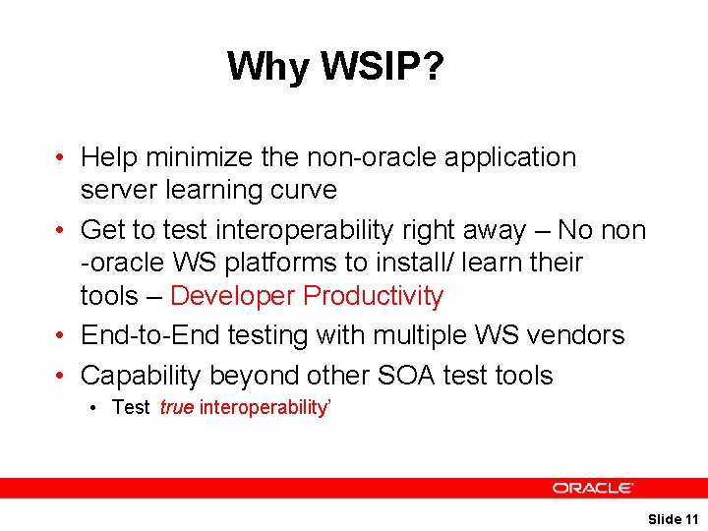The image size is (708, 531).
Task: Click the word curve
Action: coord(305,190)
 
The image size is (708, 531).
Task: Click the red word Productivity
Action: coord(374,296)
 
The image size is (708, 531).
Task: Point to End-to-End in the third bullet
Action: coord(149,335)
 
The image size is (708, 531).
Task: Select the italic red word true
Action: coord(176,408)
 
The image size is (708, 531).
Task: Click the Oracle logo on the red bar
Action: coord(593,488)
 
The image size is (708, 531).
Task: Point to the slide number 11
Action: coord(690,518)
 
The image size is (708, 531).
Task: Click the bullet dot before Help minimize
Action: coord(61,158)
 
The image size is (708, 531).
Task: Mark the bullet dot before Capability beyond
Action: coord(61,377)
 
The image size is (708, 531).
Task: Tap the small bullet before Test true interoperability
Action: coord(98,408)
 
